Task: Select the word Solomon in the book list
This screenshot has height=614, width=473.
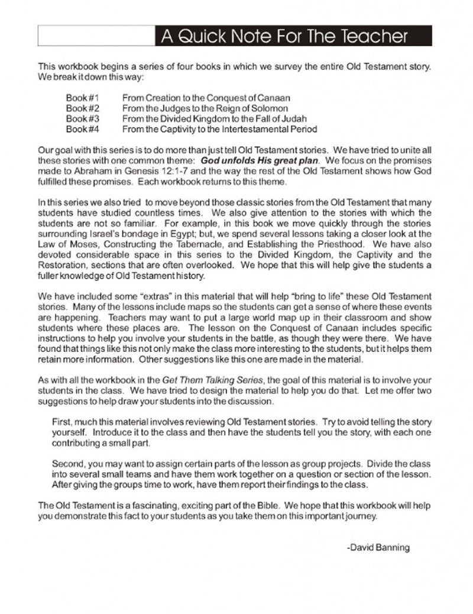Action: tap(271, 108)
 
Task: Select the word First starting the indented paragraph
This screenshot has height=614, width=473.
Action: tap(63, 422)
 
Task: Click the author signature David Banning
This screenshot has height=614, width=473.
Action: tap(378, 548)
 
